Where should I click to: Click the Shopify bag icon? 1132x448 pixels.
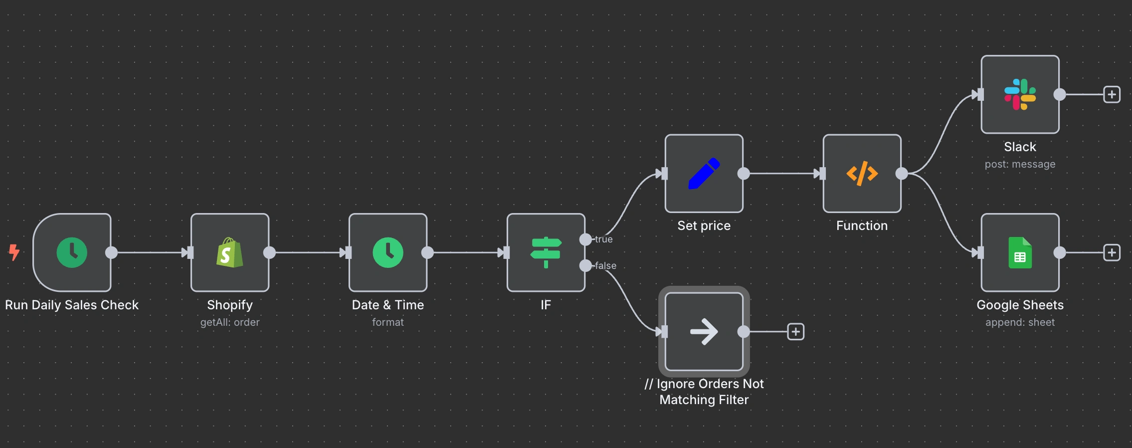pyautogui.click(x=230, y=252)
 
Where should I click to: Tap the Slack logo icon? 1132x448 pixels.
pyautogui.click(x=1020, y=94)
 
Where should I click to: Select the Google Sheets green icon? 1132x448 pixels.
pyautogui.click(x=1020, y=252)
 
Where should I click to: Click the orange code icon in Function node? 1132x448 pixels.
pyautogui.click(x=862, y=174)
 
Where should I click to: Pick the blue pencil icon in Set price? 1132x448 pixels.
pyautogui.click(x=704, y=174)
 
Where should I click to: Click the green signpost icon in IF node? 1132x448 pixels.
pyautogui.click(x=546, y=252)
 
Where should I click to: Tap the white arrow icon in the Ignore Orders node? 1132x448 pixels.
pyautogui.click(x=704, y=332)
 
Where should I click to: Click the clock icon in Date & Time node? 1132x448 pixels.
pyautogui.click(x=388, y=252)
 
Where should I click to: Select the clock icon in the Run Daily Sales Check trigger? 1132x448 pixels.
pyautogui.click(x=72, y=252)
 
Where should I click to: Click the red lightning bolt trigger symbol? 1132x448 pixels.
pyautogui.click(x=14, y=252)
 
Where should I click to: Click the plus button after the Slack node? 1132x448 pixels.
pyautogui.click(x=1112, y=94)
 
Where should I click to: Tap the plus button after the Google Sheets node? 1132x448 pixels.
pyautogui.click(x=1112, y=252)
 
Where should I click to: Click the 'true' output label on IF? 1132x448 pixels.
pyautogui.click(x=603, y=239)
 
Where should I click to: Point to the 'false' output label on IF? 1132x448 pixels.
pyautogui.click(x=605, y=266)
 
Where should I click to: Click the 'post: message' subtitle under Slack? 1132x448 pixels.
pyautogui.click(x=1020, y=164)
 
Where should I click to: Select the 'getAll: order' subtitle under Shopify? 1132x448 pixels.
pyautogui.click(x=230, y=322)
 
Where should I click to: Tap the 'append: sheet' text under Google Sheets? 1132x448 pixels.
pyautogui.click(x=1020, y=322)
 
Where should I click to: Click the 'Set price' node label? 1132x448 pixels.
pyautogui.click(x=704, y=225)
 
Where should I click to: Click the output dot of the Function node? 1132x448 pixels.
pyautogui.click(x=902, y=174)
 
